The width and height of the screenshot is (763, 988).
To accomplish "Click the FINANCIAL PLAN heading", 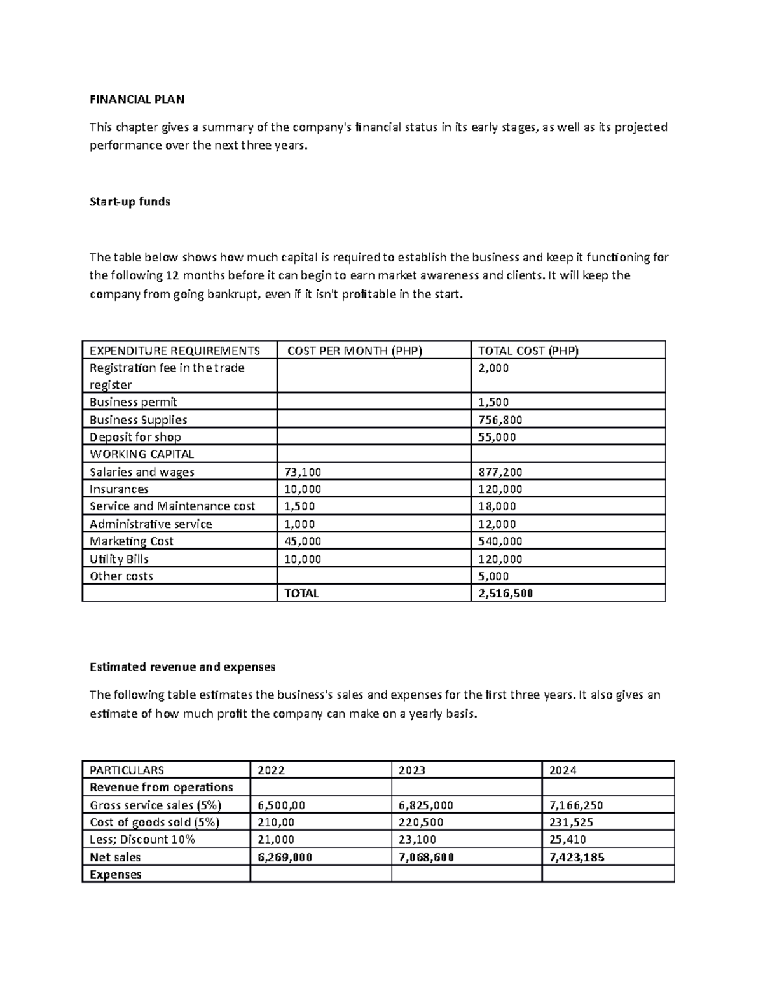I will point(137,99).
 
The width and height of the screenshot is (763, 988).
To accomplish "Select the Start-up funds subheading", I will point(130,202).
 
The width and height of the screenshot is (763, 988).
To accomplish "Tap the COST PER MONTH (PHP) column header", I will point(355,351).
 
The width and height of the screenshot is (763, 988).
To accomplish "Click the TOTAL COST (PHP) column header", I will point(528,351).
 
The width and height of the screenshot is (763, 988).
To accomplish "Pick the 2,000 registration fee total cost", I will point(493,368).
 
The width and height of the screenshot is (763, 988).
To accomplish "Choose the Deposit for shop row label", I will point(135,437).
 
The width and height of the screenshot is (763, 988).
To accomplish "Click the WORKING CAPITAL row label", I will point(142,454).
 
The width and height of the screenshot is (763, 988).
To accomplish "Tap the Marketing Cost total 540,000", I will point(500,541).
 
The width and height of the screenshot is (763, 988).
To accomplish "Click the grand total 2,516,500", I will point(505,594).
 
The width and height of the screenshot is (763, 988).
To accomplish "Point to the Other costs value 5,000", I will point(493,576).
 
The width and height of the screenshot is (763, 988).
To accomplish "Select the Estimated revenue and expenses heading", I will point(182,667).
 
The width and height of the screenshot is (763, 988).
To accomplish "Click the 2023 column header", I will point(411,770).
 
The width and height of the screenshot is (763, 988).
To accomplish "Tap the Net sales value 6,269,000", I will point(284,857).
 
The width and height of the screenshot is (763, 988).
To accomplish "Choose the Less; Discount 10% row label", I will point(142,840).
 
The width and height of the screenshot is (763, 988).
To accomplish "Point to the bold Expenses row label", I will point(116,874).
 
